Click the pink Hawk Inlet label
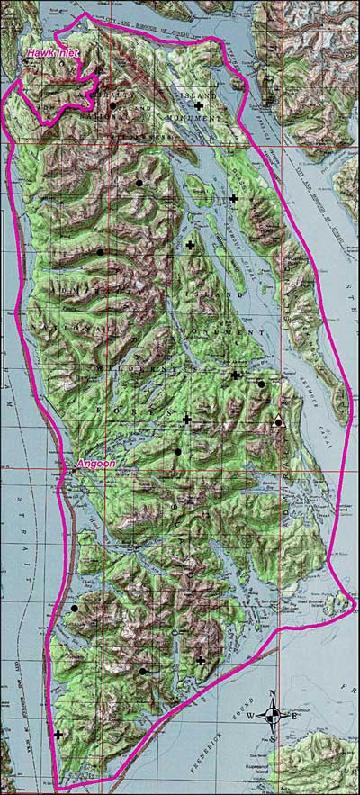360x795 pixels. (52, 54)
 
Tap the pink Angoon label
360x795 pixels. (95, 464)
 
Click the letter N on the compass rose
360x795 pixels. (273, 694)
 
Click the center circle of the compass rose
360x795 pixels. (273, 717)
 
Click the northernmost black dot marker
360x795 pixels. (112, 106)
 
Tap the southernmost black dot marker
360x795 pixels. (142, 671)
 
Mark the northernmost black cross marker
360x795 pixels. (198, 106)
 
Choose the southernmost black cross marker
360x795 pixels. (58, 736)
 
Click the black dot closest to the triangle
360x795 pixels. (261, 384)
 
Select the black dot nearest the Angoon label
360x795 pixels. (178, 451)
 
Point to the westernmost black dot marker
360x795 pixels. (74, 609)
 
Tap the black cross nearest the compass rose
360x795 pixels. (200, 661)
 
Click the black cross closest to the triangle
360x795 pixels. (235, 375)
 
